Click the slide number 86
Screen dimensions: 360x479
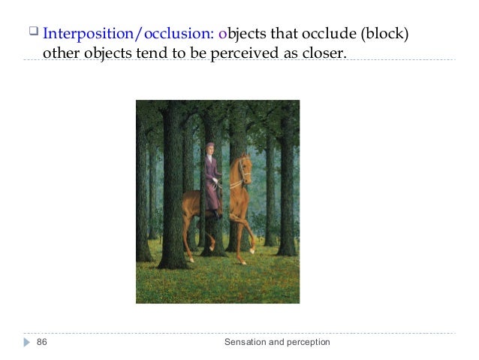click(x=42, y=343)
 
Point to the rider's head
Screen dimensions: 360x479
click(x=209, y=149)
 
